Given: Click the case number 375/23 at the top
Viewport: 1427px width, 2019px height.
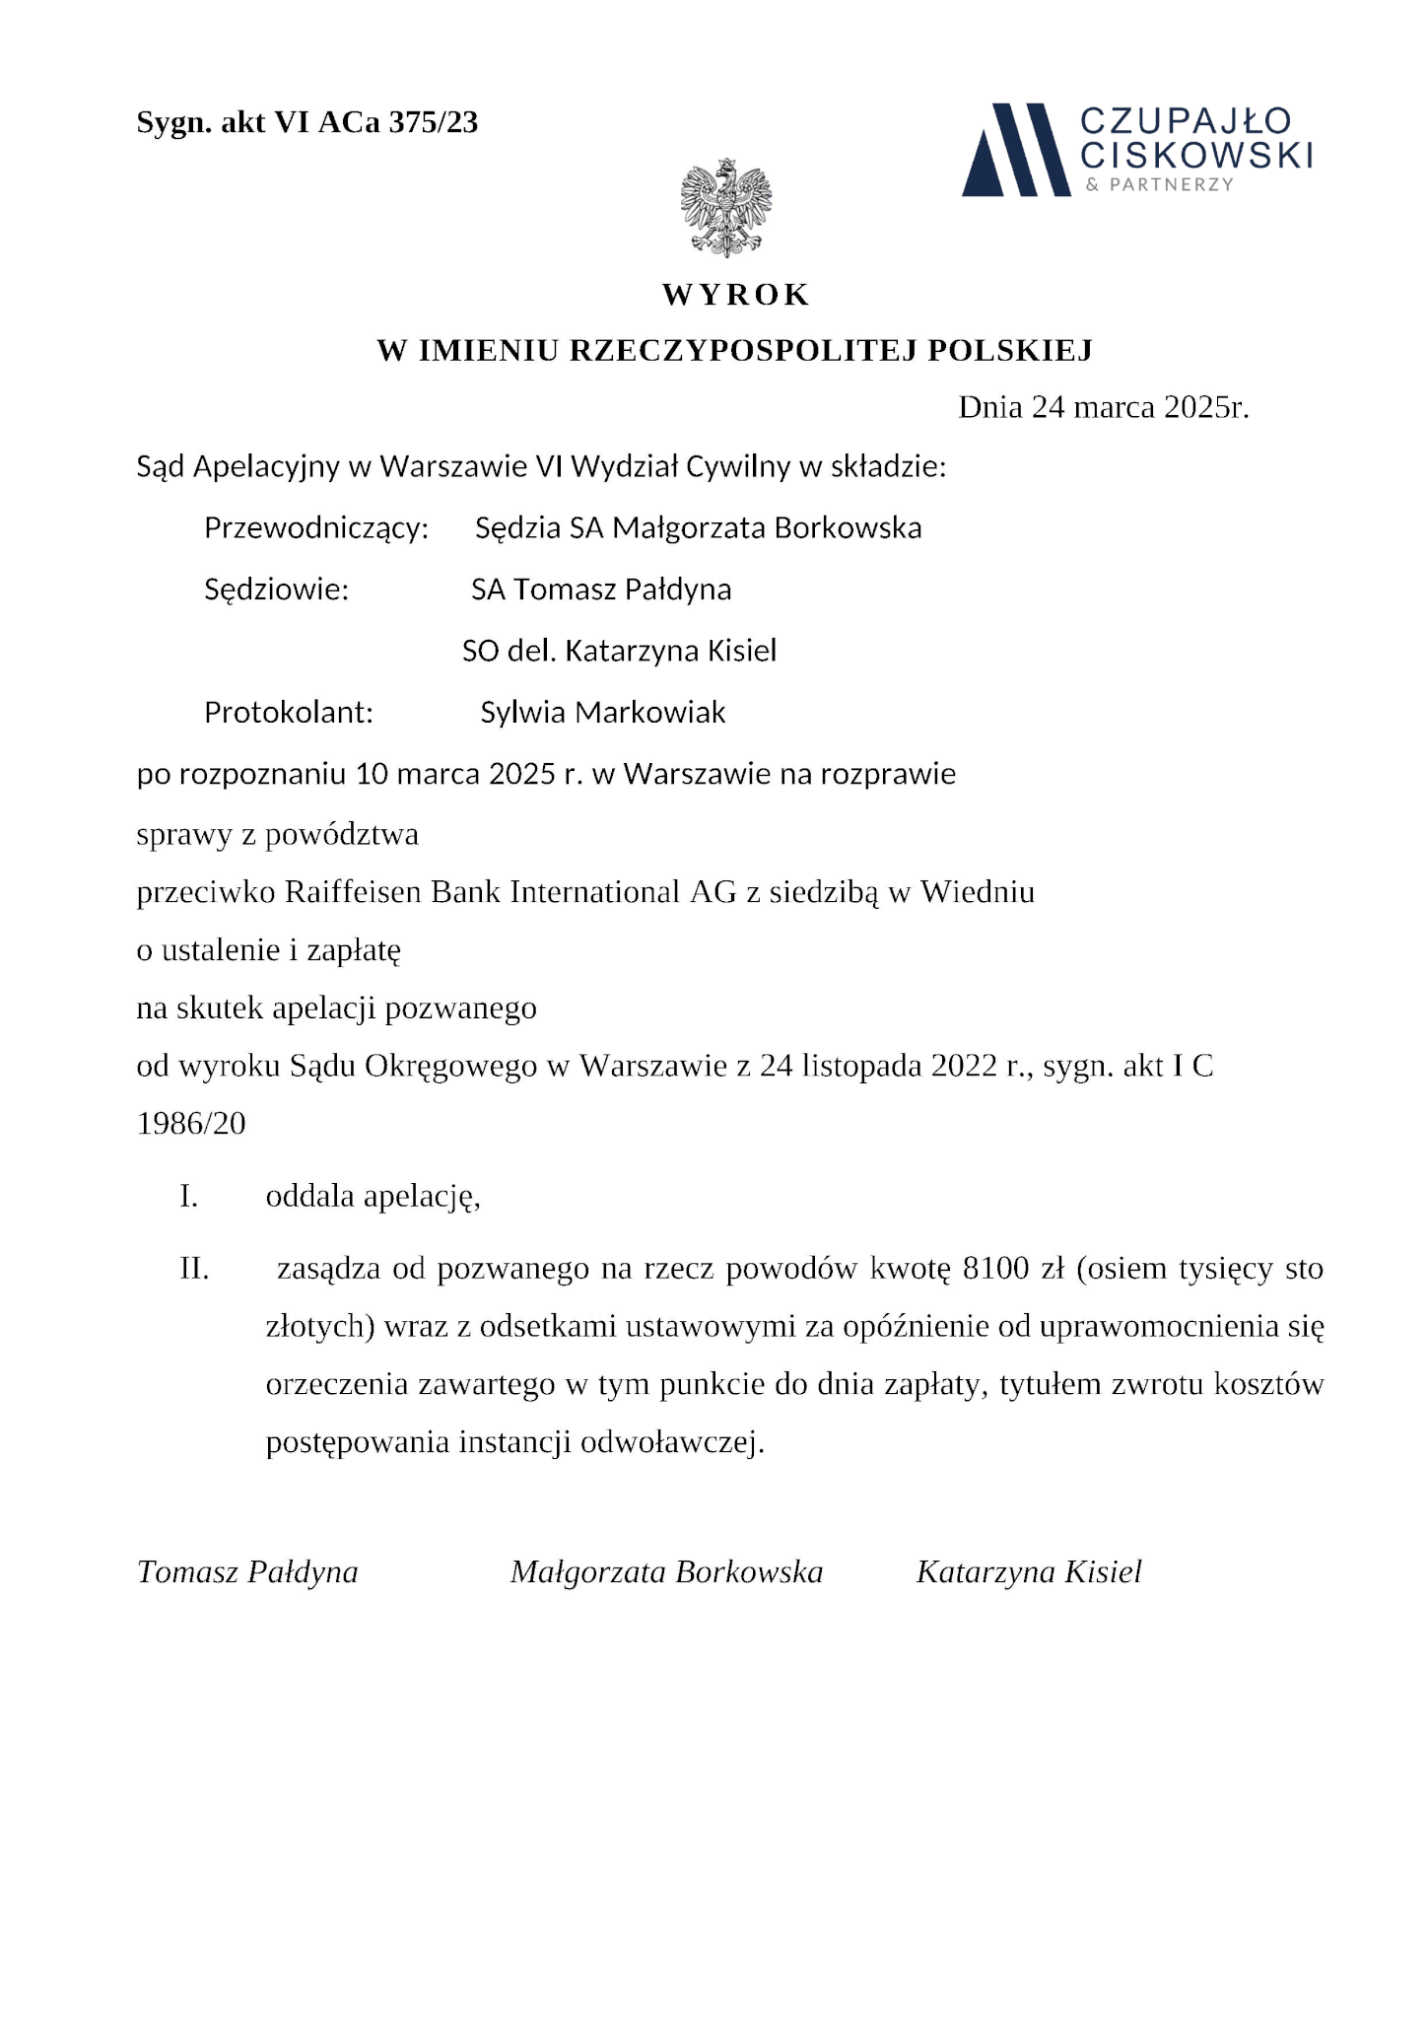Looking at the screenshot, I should pos(434,122).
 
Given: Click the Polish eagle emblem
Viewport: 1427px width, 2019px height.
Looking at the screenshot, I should pos(725,207).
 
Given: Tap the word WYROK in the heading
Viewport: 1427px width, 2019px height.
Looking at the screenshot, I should pos(735,295).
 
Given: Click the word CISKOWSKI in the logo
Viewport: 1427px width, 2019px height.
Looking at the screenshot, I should pos(1196,155).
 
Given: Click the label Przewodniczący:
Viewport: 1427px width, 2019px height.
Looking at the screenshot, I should pos(316,528).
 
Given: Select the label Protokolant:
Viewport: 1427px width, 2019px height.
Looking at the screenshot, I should pos(289,712).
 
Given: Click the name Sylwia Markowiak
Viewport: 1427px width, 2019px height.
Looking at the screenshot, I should pos(603,712).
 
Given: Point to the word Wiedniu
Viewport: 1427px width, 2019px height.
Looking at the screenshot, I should pos(978,892).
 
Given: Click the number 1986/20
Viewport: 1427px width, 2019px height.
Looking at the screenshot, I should pos(191,1123).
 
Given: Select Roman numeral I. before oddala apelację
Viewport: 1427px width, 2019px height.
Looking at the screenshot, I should pos(189,1197).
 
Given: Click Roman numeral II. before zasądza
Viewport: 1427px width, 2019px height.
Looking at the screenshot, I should pos(194,1269).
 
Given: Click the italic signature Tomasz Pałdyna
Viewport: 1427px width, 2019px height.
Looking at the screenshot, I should pos(247,1571).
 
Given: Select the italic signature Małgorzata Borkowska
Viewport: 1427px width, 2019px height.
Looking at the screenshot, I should pos(666,1571).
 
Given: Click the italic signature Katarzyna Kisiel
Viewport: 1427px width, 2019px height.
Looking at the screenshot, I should pos(1029,1571).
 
